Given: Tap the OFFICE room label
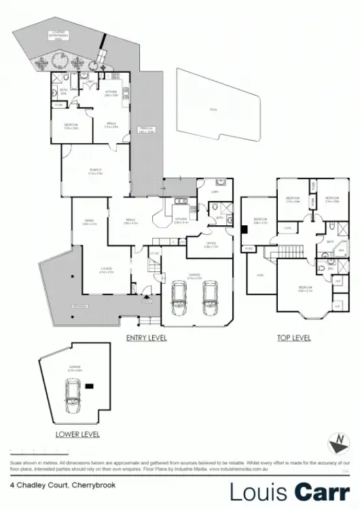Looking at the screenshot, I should pyautogui.click(x=211, y=245).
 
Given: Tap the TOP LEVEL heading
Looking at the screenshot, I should pyautogui.click(x=294, y=337).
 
